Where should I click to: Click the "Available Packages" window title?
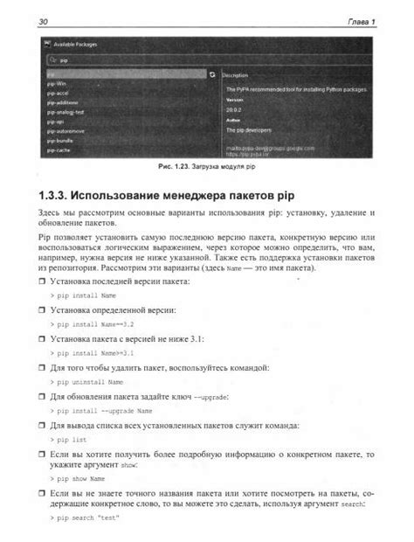[76, 44]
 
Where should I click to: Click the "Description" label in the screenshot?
[237, 76]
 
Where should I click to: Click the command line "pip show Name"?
[79, 480]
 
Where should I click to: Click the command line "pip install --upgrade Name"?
[102, 410]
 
